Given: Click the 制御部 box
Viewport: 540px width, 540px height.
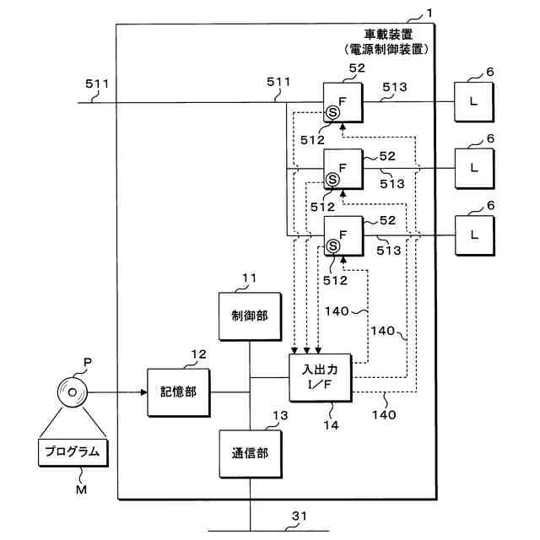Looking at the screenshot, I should tap(251, 315).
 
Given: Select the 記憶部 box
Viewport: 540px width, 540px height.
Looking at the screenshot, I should tap(179, 392).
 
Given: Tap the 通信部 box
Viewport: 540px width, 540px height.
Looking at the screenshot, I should tap(251, 453).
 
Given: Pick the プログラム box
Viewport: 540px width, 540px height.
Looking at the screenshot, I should tap(73, 452).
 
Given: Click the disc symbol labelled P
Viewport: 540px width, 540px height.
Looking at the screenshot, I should tap(73, 392).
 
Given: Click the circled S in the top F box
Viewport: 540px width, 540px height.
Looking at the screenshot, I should tap(334, 111).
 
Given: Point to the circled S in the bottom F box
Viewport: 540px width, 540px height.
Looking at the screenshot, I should tap(334, 246).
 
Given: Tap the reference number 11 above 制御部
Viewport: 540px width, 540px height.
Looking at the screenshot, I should tap(250, 278).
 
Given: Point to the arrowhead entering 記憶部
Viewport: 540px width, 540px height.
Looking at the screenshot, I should tap(143, 392).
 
